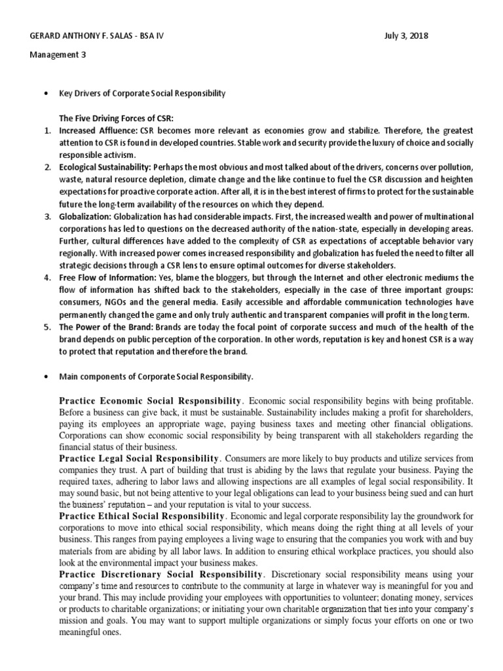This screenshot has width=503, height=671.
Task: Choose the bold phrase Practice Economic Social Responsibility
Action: pyautogui.click(x=151, y=400)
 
